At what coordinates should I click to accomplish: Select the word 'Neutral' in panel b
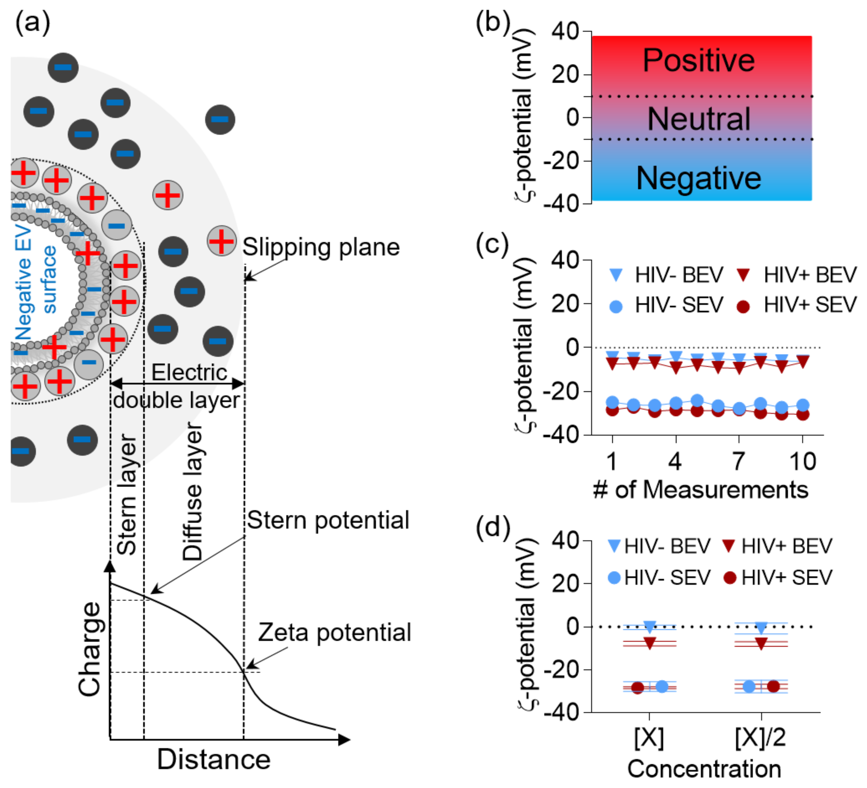[699, 119]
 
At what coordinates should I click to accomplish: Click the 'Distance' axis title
[214, 760]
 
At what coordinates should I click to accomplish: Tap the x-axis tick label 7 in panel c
[739, 461]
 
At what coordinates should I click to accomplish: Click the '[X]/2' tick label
[760, 738]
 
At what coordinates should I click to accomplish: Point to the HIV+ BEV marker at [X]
[649, 643]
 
